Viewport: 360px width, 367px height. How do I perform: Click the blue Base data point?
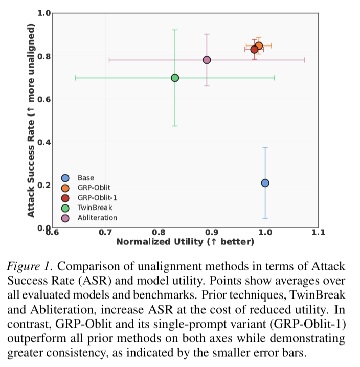tap(265, 183)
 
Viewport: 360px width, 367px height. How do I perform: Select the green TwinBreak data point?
tap(175, 78)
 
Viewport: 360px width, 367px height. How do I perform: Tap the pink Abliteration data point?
tap(207, 60)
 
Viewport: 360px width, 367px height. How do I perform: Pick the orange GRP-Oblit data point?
tap(259, 46)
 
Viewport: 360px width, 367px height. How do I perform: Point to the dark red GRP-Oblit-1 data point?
tap(254, 49)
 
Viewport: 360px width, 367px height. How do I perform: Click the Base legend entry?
tap(86, 178)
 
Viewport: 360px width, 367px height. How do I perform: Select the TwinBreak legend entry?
tap(95, 208)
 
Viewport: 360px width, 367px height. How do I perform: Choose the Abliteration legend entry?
tap(97, 218)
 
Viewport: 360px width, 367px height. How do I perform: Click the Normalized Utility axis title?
tap(185, 241)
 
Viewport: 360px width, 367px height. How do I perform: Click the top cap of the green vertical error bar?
tap(175, 30)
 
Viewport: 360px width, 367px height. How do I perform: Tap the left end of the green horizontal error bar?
tap(76, 78)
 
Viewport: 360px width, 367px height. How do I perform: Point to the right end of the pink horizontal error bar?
tap(305, 60)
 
